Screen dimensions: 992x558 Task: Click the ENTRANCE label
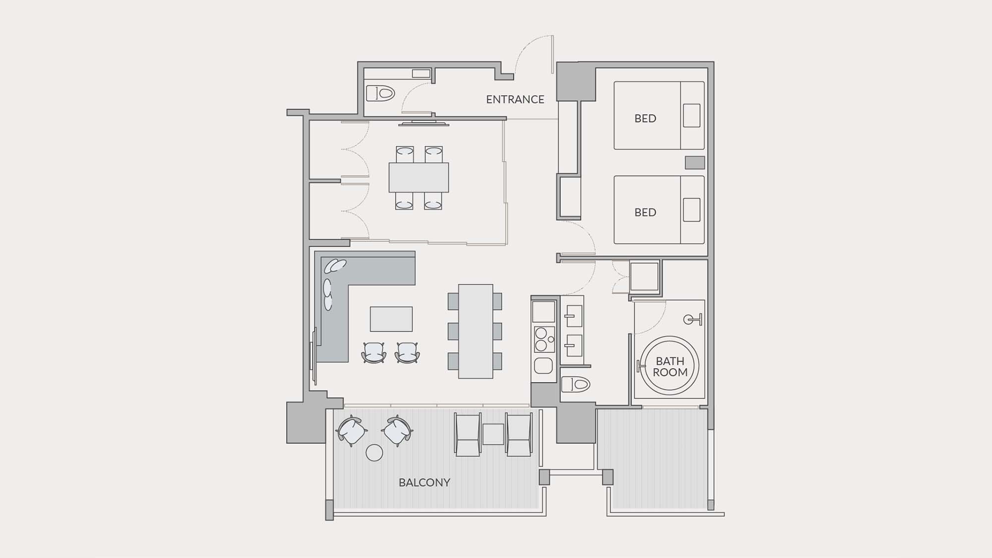point(515,99)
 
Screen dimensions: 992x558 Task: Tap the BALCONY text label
point(425,483)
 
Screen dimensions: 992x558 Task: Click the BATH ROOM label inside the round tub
point(670,367)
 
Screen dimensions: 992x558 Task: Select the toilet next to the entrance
point(380,93)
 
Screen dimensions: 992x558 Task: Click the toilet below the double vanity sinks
point(575,384)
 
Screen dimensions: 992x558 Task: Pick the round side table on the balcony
point(374,452)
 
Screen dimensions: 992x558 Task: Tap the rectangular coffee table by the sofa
point(391,319)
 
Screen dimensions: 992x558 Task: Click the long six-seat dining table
point(475,331)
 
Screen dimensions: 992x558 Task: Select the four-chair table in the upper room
point(419,177)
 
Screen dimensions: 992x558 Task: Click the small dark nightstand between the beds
point(695,162)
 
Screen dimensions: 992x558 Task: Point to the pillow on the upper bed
point(692,116)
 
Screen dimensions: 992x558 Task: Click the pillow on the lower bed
point(692,210)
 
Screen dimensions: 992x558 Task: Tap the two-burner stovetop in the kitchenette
point(544,339)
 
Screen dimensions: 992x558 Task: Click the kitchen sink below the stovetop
point(544,366)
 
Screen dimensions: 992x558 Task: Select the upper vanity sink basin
point(574,315)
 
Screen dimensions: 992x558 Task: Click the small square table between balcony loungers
point(493,434)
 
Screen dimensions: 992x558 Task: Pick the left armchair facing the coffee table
point(374,352)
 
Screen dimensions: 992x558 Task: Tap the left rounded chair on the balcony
point(352,431)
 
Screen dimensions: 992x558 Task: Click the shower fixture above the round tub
point(693,319)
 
